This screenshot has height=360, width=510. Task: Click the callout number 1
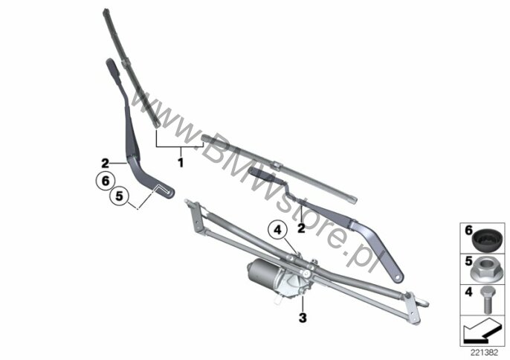(180, 160)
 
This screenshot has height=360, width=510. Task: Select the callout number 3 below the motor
(302, 318)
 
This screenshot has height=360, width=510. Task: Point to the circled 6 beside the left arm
(105, 180)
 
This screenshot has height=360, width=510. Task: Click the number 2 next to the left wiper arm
(106, 162)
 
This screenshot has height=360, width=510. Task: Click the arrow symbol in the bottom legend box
(481, 327)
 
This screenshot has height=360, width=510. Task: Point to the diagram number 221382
(483, 349)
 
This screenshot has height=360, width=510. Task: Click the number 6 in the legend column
(469, 231)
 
